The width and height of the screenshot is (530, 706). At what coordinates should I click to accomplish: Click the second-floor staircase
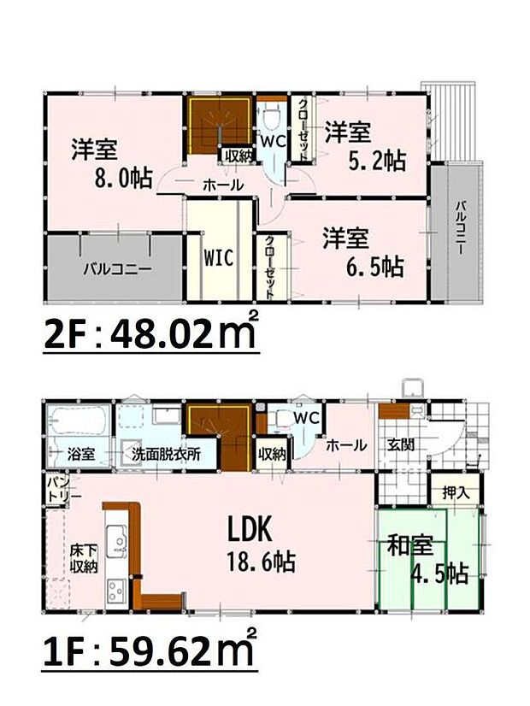(217, 126)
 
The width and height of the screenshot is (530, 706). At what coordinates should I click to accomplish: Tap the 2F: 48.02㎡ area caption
(150, 334)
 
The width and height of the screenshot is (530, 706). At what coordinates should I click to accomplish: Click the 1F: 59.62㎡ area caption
(150, 653)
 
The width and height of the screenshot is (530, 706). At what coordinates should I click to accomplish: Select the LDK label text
(249, 531)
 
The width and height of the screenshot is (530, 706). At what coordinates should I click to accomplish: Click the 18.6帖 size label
(262, 563)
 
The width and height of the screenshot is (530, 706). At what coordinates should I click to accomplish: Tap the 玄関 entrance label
(400, 445)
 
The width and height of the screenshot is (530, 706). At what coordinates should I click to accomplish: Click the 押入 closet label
(455, 493)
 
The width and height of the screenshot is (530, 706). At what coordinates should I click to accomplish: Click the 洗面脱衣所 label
(166, 454)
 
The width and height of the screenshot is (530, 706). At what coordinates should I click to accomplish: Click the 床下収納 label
(83, 558)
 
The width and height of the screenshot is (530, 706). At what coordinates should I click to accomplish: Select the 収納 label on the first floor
(271, 454)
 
